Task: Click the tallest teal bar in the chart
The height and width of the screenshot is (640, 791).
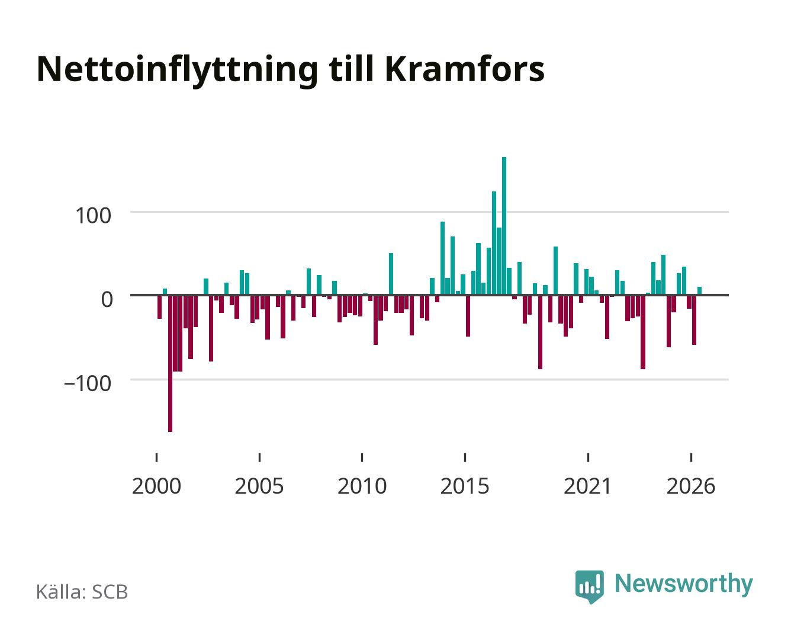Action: tap(504, 226)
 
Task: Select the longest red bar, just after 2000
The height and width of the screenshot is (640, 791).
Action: tap(170, 363)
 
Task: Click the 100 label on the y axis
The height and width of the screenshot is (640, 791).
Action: tap(93, 216)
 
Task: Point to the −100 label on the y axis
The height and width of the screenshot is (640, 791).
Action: tap(88, 383)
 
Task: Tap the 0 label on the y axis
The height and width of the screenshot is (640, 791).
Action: tap(107, 299)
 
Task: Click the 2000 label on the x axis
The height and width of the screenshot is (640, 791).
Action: tap(156, 486)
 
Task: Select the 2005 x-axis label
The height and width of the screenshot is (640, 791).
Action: tap(259, 486)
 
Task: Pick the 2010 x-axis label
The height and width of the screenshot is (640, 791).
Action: tap(362, 486)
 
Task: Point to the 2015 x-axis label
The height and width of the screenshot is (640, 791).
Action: tap(465, 486)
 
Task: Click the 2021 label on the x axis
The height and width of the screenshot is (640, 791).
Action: tap(587, 486)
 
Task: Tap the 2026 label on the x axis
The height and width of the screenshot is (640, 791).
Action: tap(691, 486)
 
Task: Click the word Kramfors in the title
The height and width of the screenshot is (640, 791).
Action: tap(465, 69)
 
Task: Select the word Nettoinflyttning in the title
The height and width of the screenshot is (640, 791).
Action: tap(177, 71)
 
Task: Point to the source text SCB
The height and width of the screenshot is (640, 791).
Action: tap(110, 592)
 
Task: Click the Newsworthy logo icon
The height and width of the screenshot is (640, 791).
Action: tap(589, 587)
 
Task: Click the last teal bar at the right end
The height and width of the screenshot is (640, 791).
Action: tap(699, 290)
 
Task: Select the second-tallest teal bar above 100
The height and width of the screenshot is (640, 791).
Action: tap(494, 243)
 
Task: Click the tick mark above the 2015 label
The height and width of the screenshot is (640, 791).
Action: tap(465, 457)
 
